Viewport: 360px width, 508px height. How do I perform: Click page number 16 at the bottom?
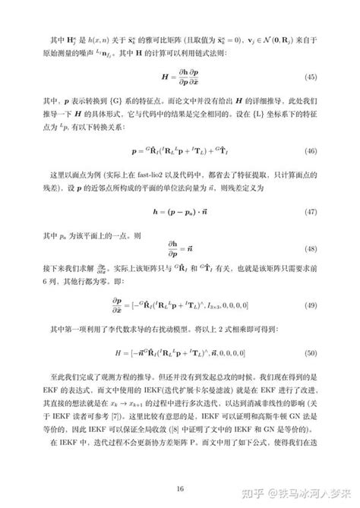[x=179, y=466]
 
